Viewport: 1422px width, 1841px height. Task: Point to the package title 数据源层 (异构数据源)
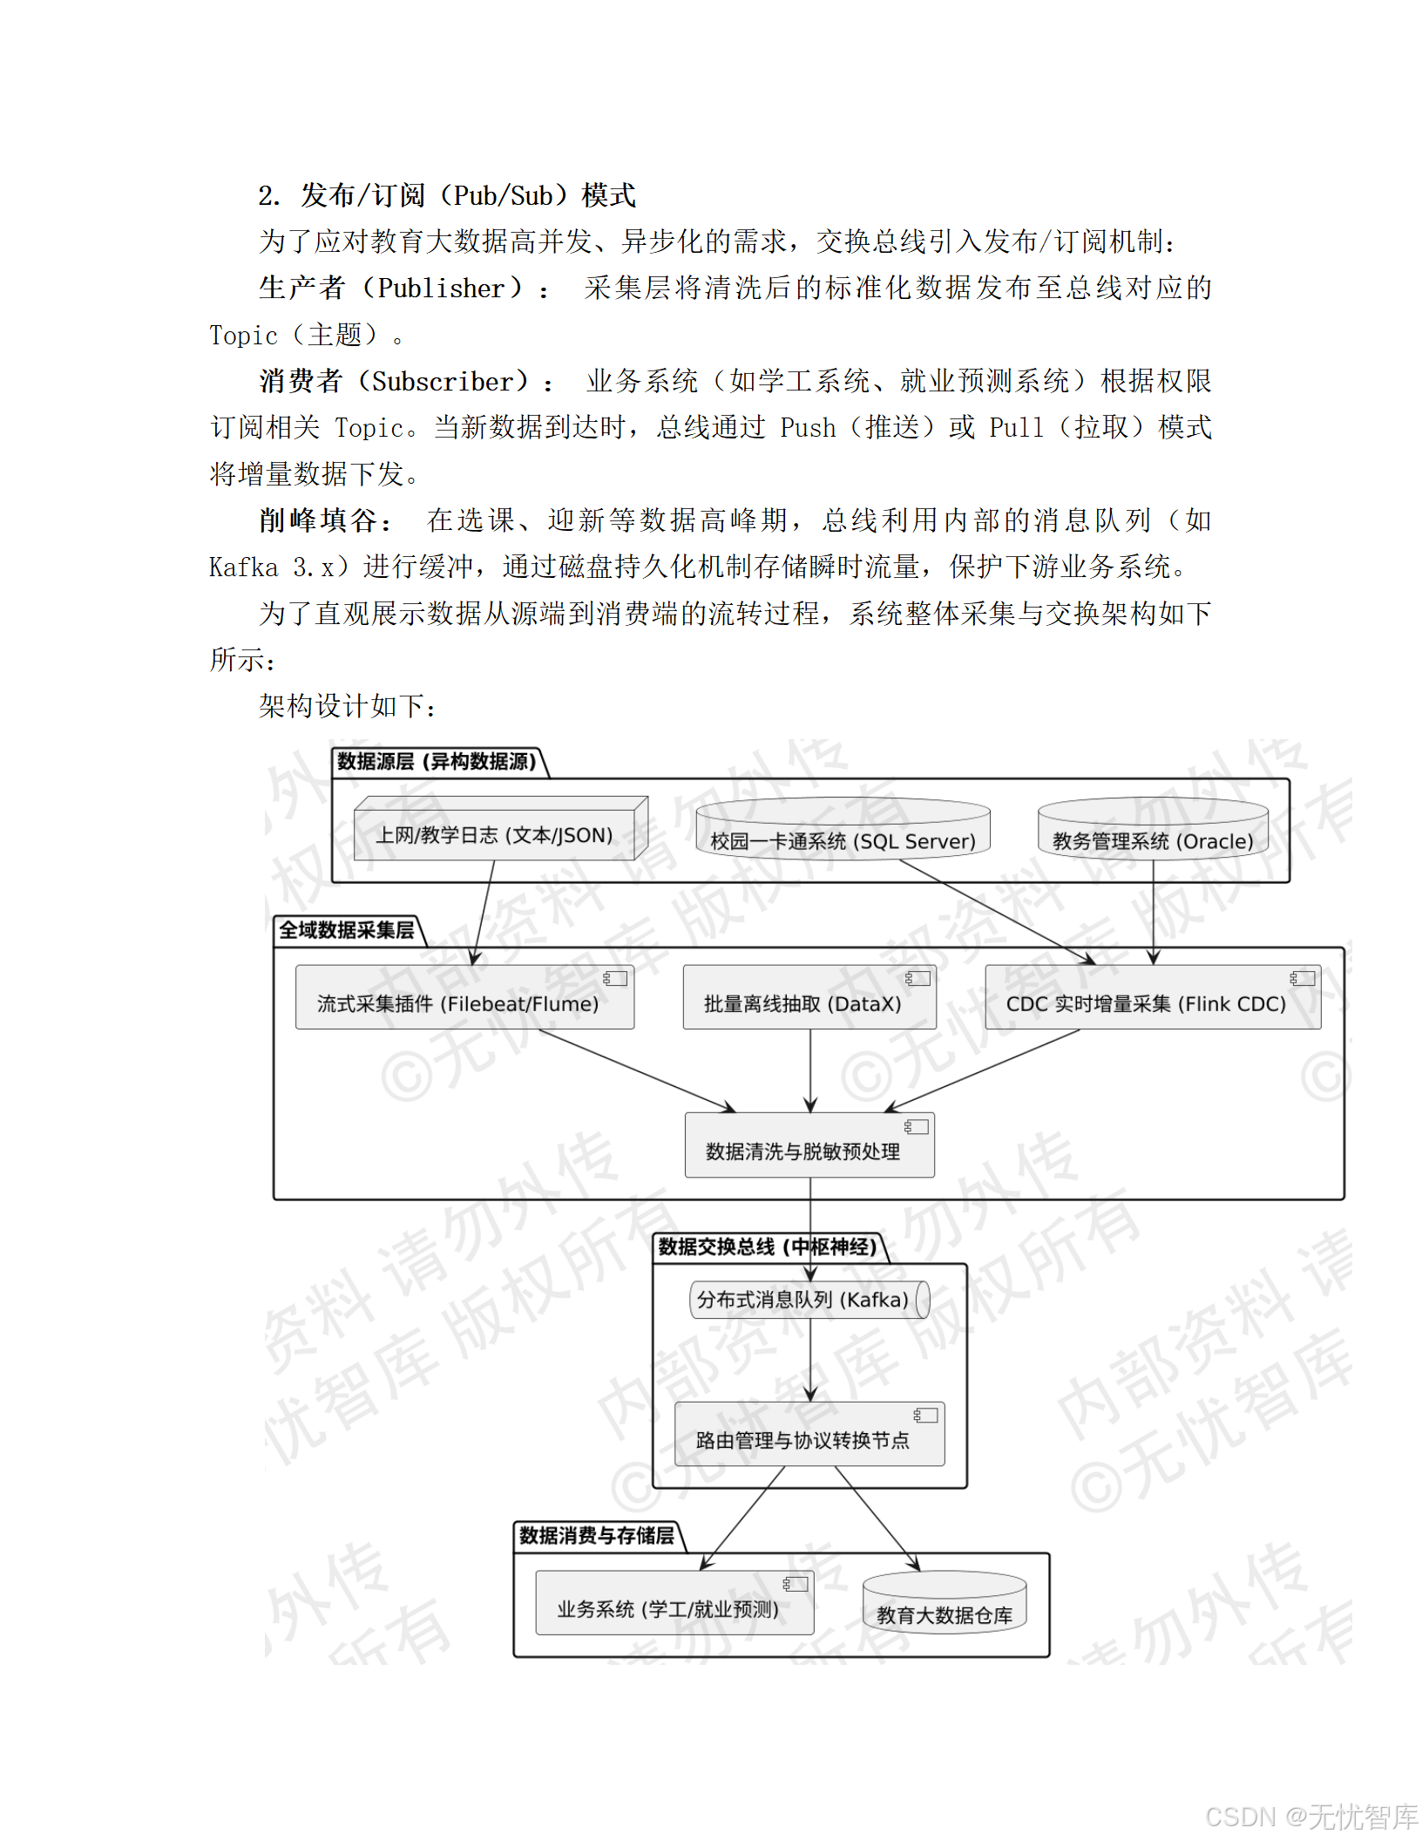[x=437, y=762]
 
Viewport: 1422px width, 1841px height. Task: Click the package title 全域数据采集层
[x=347, y=930]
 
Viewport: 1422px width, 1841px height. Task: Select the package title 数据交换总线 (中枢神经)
[x=768, y=1247]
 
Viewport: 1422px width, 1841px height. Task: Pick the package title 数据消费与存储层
[x=597, y=1536]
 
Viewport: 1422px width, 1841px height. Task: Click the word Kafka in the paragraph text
[x=243, y=567]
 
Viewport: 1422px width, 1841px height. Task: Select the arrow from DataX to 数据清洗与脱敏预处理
[x=810, y=1070]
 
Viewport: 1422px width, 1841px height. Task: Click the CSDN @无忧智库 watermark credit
[x=1311, y=1817]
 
